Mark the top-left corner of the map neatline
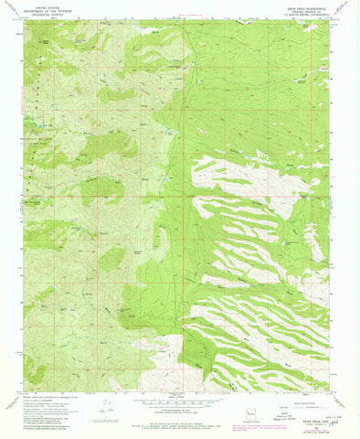click(25, 22)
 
